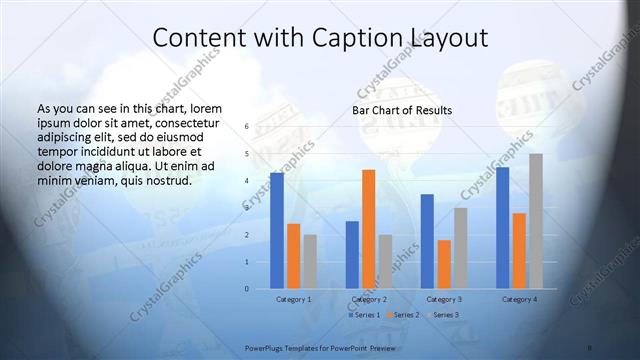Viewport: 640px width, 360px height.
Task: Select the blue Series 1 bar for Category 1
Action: [x=277, y=231]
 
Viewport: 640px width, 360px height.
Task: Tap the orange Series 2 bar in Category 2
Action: [x=368, y=229]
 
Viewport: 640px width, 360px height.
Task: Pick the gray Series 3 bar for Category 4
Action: [x=536, y=221]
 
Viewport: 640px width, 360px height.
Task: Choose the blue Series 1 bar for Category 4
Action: [x=502, y=228]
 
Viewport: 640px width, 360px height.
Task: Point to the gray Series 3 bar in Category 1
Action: [x=310, y=262]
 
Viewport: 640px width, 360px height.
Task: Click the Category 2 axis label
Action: [x=369, y=299]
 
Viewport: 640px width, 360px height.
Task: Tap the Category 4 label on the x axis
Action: [x=519, y=299]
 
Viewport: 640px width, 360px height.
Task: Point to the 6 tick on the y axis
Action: [x=246, y=127]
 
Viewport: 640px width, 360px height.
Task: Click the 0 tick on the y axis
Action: [x=246, y=289]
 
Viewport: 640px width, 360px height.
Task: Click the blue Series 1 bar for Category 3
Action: [x=427, y=241]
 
